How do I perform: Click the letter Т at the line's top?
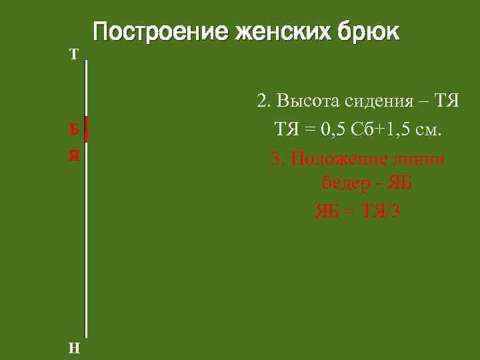tap(74, 55)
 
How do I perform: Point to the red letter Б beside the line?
tap(75, 129)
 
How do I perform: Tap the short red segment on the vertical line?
tap(86, 129)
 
